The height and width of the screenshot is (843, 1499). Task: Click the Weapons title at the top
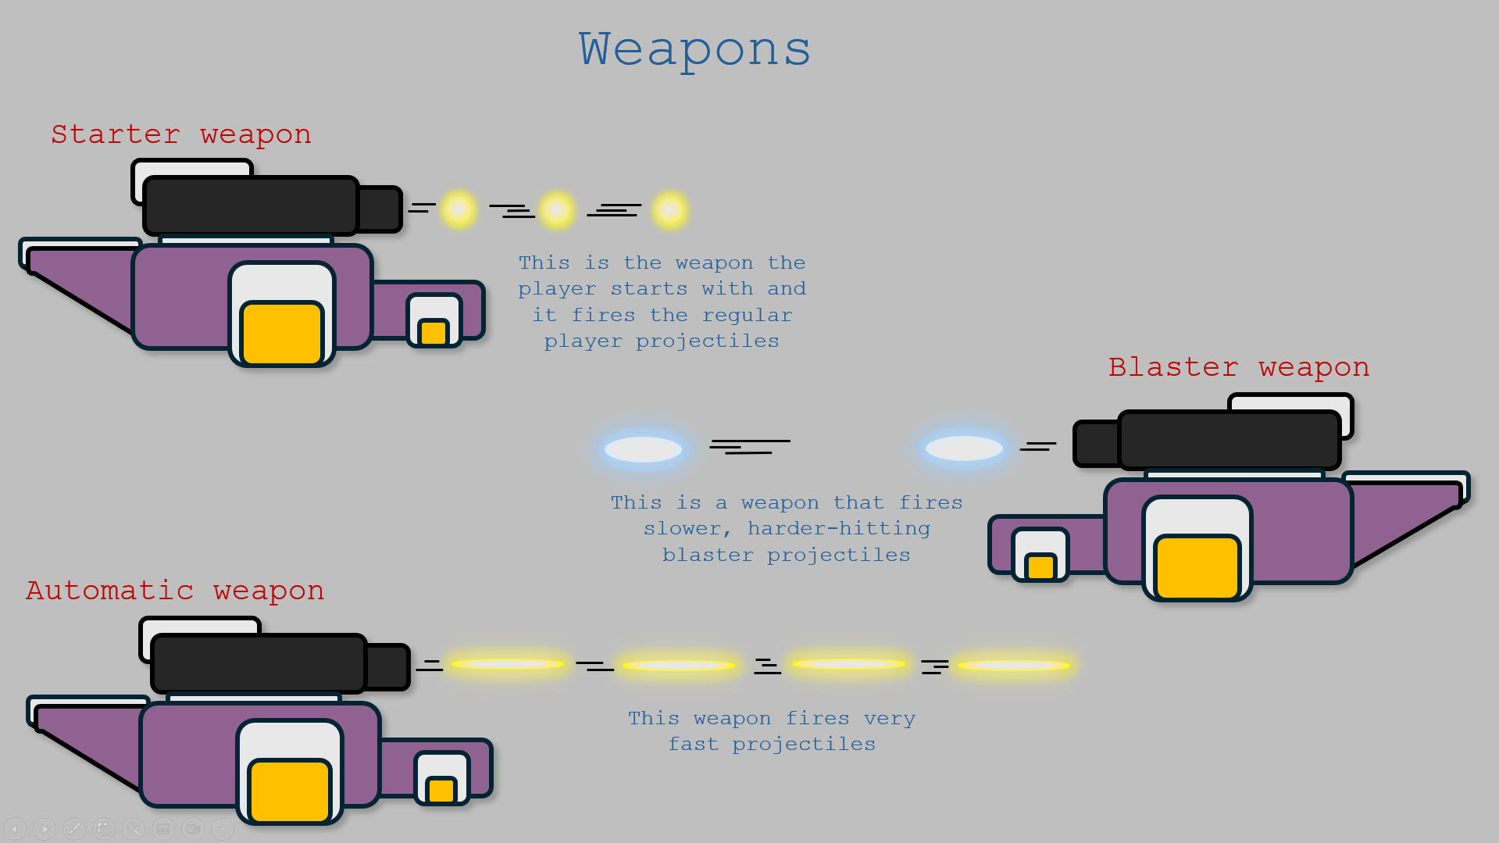pos(694,49)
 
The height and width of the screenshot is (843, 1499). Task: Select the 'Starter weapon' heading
pos(181,134)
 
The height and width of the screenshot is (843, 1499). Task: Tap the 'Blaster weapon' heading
pos(1239,367)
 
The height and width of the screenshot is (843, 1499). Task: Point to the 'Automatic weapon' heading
pos(175,591)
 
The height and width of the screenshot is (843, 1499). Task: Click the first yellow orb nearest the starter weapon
pos(459,209)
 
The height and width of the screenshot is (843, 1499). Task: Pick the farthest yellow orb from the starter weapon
pos(670,209)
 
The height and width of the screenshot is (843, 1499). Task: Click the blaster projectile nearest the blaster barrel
pos(964,448)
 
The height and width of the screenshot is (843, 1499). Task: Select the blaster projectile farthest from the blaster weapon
pos(643,449)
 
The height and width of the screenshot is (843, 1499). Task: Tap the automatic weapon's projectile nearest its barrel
pos(508,664)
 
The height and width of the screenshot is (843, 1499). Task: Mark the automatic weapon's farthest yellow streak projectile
pos(1013,666)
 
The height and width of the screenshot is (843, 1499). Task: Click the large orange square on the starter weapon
pos(282,334)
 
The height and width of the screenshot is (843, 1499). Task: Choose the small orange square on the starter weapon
pos(434,332)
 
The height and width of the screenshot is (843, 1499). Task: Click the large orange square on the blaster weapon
pos(1197,566)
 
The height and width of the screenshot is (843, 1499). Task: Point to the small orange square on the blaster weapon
pos(1040,566)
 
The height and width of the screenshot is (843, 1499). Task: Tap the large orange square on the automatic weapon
pos(290,791)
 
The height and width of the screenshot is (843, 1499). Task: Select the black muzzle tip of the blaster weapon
pos(1095,444)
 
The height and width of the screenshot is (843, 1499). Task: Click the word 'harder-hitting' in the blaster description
pos(838,529)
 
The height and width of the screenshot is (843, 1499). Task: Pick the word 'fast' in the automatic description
pos(693,744)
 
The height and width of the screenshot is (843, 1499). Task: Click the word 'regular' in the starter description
pos(747,316)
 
